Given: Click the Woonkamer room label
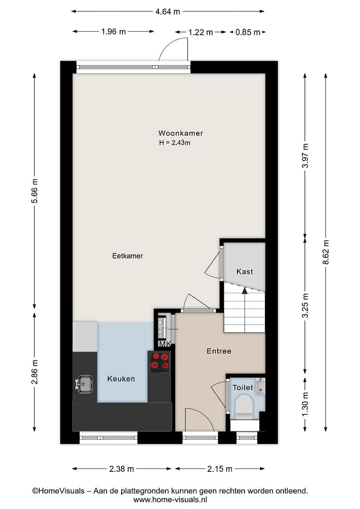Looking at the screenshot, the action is (x=180, y=133).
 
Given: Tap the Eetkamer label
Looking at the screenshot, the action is (x=128, y=256).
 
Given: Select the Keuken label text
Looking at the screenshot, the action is (x=121, y=379).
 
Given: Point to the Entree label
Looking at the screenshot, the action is (x=219, y=351).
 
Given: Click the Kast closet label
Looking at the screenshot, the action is (x=245, y=271).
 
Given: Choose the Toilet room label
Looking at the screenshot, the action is (x=243, y=387).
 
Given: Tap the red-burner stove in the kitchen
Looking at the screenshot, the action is (x=160, y=361).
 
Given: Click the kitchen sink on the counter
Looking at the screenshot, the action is (x=85, y=384).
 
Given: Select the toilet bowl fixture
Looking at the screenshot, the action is (x=244, y=406).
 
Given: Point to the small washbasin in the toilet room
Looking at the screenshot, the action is (x=261, y=386).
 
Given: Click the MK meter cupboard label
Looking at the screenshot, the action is (x=164, y=344).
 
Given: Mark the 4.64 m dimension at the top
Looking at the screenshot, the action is (x=167, y=12).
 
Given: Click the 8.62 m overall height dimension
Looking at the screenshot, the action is (x=326, y=252).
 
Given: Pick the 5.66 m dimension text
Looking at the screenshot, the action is (x=34, y=191).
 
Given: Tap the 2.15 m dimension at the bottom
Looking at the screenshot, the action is (x=220, y=469).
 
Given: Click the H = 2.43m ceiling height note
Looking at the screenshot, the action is (x=175, y=142).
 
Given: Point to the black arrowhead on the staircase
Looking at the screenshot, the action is (x=245, y=290).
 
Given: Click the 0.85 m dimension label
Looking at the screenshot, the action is (x=248, y=32).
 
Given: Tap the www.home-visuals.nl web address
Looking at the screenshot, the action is (x=170, y=500).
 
